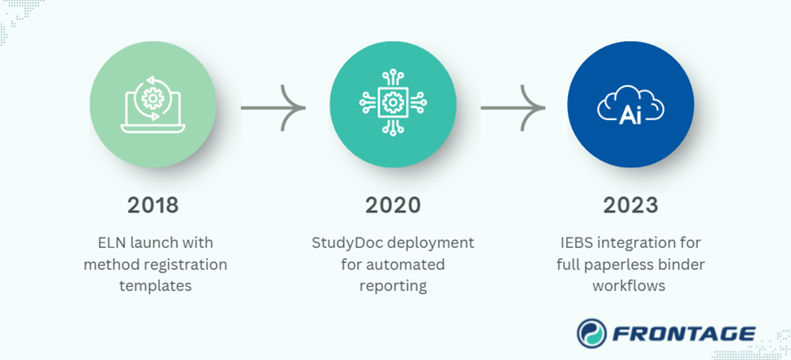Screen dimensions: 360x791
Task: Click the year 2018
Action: (x=153, y=205)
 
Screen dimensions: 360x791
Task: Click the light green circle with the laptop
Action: (x=153, y=104)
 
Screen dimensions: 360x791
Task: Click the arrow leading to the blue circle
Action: (x=512, y=106)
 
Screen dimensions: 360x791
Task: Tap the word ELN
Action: (x=108, y=243)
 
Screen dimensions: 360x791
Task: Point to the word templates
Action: (x=153, y=285)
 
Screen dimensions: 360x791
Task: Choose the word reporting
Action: (x=393, y=285)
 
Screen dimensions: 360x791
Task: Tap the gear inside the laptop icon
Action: (x=152, y=99)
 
